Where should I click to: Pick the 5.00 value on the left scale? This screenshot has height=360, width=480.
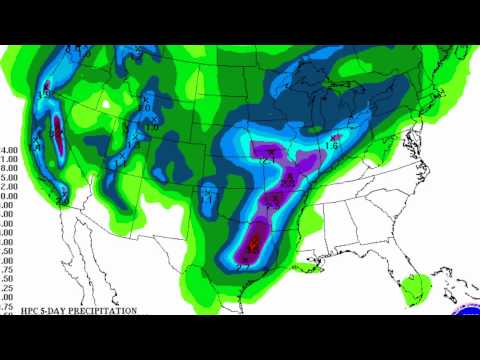tap(10, 183)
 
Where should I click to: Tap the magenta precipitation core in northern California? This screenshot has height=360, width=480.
tap(56, 130)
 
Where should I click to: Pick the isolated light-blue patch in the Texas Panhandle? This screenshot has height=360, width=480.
tap(210, 192)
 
